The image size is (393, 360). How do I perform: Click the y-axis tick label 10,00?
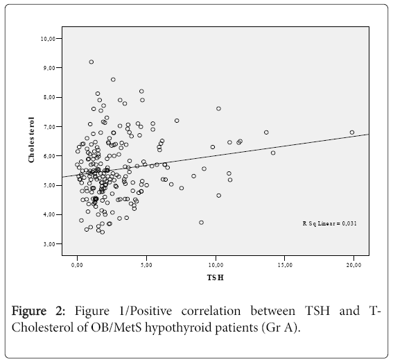click(x=47, y=39)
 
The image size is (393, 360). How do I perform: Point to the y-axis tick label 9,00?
click(x=49, y=68)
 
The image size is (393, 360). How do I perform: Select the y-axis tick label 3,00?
click(x=49, y=244)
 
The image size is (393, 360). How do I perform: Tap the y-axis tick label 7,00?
click(x=49, y=127)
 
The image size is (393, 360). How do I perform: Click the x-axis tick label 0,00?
click(x=77, y=265)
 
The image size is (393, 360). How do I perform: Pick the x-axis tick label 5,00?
click(x=146, y=265)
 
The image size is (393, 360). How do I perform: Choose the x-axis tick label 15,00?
click(x=285, y=265)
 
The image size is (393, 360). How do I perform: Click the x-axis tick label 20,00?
click(x=353, y=265)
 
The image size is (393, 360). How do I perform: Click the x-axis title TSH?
click(x=216, y=277)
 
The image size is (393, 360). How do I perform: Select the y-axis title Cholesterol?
click(x=31, y=140)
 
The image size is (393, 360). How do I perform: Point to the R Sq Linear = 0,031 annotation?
click(x=329, y=223)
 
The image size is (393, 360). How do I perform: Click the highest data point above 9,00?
click(x=91, y=62)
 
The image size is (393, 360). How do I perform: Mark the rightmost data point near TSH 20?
click(x=352, y=132)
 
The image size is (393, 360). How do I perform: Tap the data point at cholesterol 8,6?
click(x=113, y=80)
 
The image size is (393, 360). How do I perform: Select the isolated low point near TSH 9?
click(x=201, y=223)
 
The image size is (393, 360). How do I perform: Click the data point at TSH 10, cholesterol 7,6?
click(x=218, y=109)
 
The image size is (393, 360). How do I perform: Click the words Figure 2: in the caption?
click(x=38, y=311)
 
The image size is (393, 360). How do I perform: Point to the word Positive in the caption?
click(x=151, y=311)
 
